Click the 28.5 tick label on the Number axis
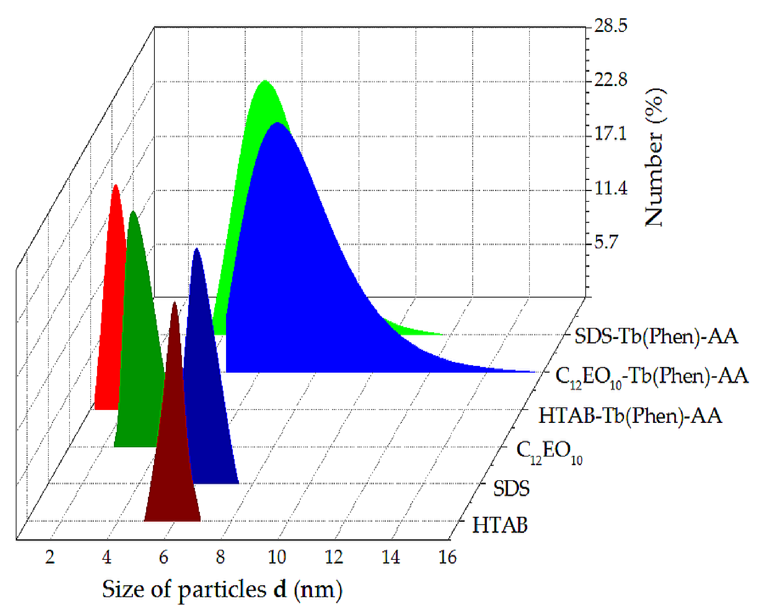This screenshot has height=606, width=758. (610, 26)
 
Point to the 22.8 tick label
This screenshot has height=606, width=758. (610, 80)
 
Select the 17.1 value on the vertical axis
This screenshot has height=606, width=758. (610, 134)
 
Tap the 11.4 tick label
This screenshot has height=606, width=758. (610, 188)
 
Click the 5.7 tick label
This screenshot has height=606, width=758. (606, 242)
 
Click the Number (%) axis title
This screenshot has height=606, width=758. (654, 158)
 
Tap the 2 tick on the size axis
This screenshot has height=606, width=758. (50, 557)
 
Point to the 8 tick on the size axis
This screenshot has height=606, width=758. (220, 557)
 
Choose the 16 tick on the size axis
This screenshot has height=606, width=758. (447, 557)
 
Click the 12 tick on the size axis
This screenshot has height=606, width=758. (334, 557)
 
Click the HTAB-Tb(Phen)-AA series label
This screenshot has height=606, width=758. (630, 416)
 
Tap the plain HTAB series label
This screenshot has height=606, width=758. (500, 525)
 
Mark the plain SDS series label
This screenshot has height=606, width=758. (511, 488)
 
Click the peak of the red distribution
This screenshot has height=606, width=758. (116, 186)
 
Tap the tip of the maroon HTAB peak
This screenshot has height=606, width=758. (174, 303)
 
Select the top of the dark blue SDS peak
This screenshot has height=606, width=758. (197, 249)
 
